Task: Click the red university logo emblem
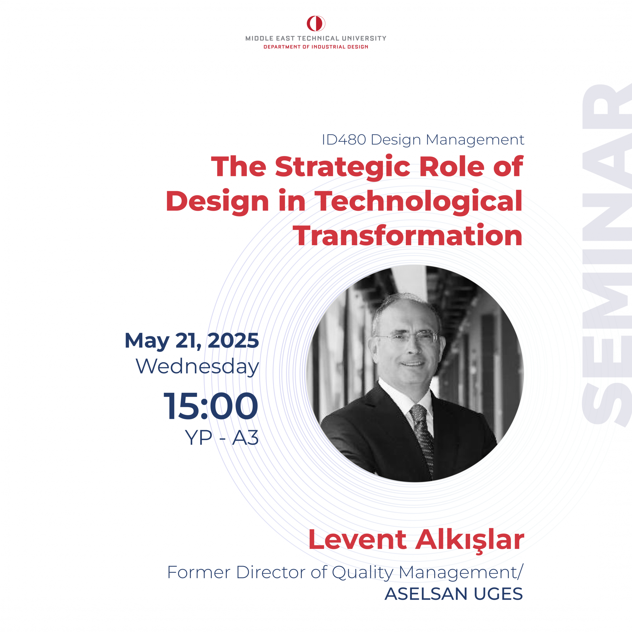[x=316, y=23]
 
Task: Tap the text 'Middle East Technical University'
[x=316, y=38]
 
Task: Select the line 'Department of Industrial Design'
[x=316, y=47]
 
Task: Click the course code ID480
[x=344, y=140]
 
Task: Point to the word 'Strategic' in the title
[x=343, y=167]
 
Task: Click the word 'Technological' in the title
[x=418, y=202]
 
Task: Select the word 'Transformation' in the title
[x=407, y=236]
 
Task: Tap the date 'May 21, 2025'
[x=192, y=341]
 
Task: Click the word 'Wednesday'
[x=197, y=367]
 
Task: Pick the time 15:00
[x=211, y=406]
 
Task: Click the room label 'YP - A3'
[x=222, y=438]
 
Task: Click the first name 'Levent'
[x=358, y=540]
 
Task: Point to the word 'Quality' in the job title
[x=363, y=573]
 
